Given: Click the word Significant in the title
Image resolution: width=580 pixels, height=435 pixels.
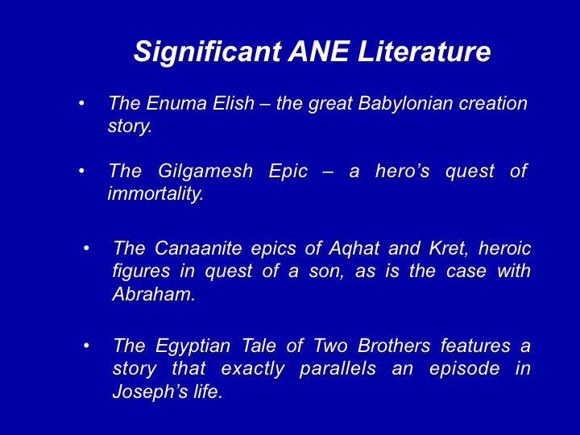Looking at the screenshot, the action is tap(208, 52).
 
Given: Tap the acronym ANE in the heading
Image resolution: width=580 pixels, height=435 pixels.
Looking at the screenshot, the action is tap(318, 51).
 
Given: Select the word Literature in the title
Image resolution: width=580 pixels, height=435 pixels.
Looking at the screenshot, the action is tap(425, 51).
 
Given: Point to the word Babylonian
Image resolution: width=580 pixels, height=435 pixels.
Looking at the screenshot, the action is tap(405, 104).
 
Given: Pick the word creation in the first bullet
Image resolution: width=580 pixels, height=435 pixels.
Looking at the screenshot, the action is tap(493, 103).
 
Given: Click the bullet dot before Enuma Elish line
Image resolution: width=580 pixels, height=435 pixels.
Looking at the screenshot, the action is tap(81, 103).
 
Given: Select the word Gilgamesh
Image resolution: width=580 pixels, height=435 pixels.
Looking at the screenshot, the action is tap(205, 172).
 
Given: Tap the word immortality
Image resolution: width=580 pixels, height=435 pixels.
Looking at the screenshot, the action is tap(155, 193).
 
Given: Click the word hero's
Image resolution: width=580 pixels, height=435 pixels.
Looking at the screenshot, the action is tap(402, 171).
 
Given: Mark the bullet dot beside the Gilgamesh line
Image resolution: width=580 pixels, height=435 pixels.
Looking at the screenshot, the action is tap(81, 171).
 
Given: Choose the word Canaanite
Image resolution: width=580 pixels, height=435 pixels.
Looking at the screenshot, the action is tap(198, 248).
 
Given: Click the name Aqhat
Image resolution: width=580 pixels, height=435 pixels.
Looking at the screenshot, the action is tap(354, 248).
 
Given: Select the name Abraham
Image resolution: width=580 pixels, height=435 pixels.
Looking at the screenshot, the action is tap(154, 294).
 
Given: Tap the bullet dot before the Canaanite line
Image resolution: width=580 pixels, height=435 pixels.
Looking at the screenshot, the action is tap(86, 248).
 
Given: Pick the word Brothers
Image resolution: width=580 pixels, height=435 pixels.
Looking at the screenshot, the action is tap(394, 346).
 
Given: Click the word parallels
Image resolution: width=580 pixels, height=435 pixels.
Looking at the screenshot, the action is tap(338, 369).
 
